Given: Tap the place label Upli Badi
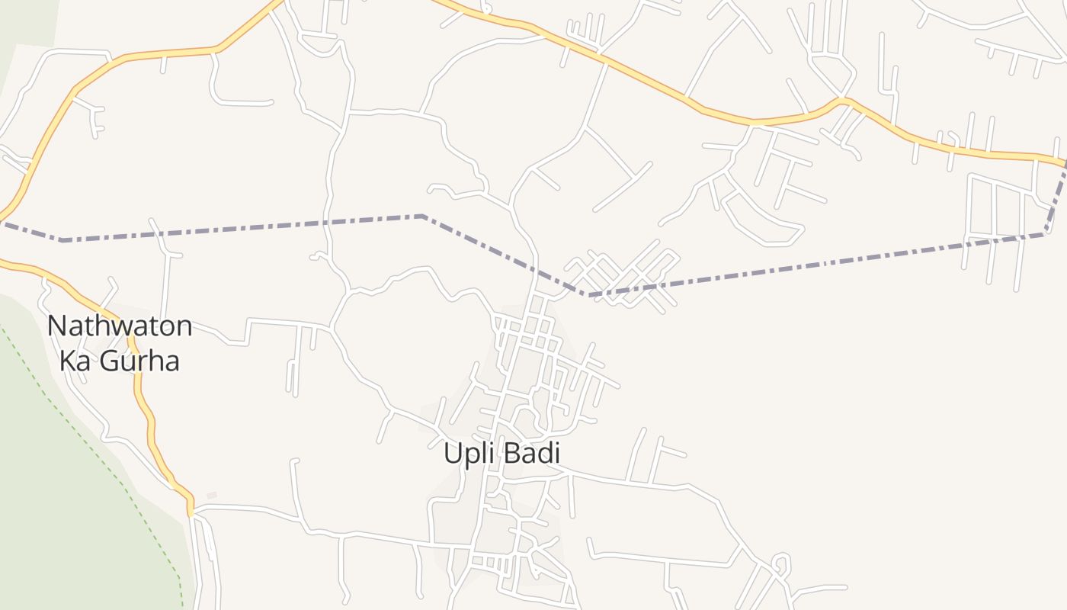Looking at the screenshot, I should pos(501,453).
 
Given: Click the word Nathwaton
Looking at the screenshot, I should pos(120,326).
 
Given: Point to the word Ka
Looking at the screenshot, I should pos(75,360).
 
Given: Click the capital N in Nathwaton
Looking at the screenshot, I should pos(56,326).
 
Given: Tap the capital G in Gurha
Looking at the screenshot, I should pos(107,360).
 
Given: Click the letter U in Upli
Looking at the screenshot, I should pos(452,453).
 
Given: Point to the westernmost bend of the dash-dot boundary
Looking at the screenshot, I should pos(62,240).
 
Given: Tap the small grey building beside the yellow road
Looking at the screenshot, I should pos(212,496).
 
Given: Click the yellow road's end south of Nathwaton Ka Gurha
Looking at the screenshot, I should pos(191,512).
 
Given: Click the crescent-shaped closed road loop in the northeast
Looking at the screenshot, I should pos(762,221).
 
